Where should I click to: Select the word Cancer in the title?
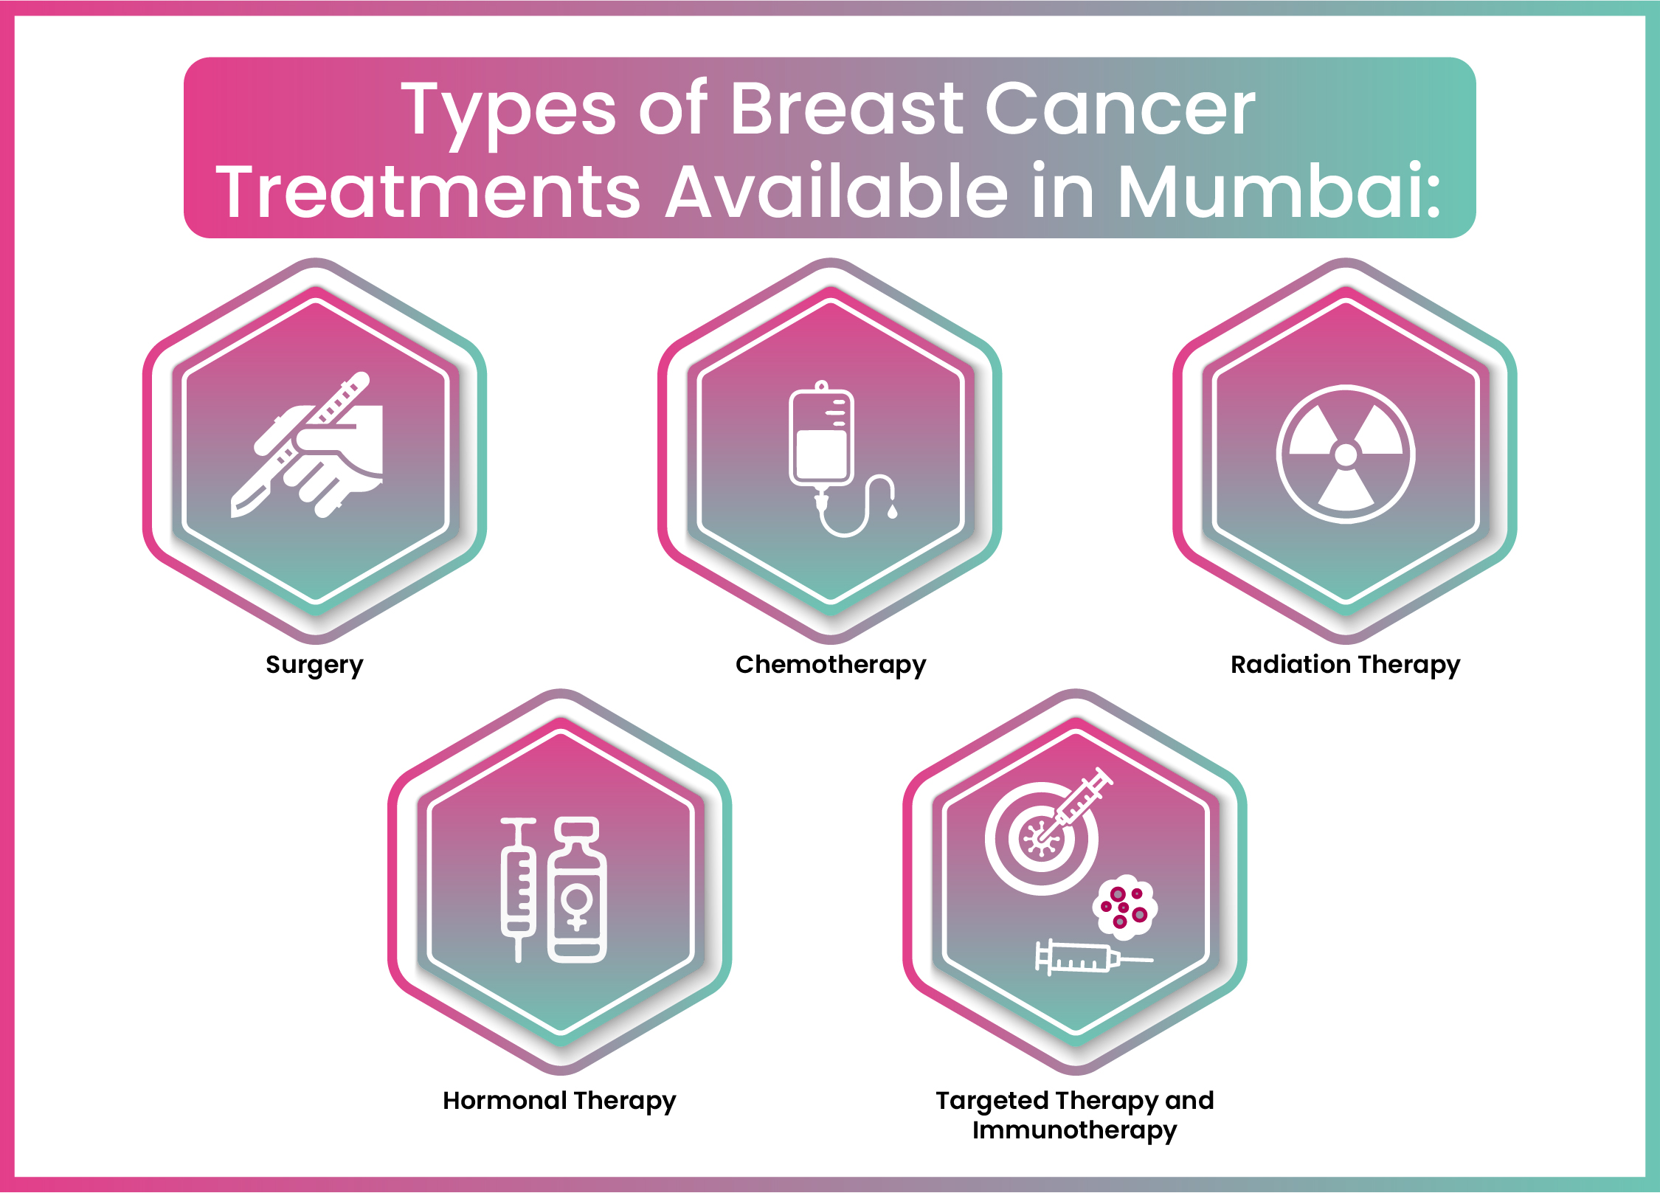1120,109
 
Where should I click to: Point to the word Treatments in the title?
428,192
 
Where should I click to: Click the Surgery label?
314,665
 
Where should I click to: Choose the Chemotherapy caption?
831,665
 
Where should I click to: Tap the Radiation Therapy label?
1345,665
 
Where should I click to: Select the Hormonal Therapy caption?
559,1101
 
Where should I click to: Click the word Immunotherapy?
1074,1130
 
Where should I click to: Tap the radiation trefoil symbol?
1346,454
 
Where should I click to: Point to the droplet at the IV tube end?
893,511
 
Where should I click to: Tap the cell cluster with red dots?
1125,907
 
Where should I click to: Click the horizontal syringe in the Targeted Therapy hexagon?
1092,958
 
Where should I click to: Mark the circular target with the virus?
1041,839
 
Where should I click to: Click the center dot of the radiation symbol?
1346,454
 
